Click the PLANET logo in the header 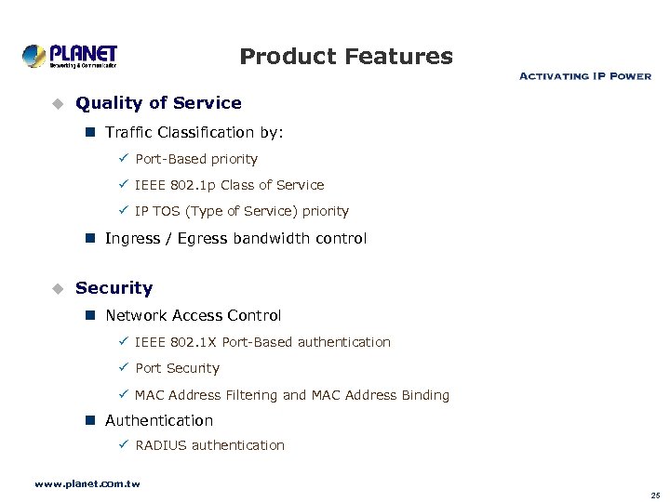pos(70,56)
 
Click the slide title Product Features pos(345,57)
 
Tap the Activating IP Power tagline pos(584,75)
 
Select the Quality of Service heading pos(158,103)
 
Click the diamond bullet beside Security pos(56,288)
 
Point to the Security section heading pos(114,288)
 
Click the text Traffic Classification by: pos(194,133)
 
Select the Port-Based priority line pos(196,159)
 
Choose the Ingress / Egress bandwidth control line pos(235,239)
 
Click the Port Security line pos(177,368)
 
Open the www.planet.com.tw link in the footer pos(87,484)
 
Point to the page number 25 pos(655,495)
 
